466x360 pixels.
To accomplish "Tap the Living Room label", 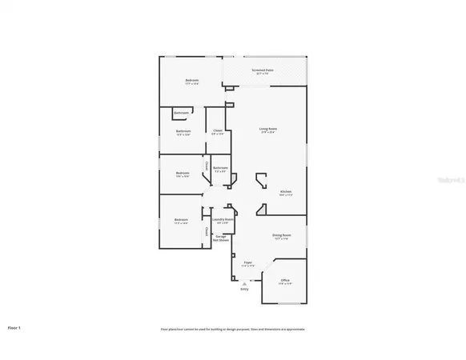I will click(x=267, y=130).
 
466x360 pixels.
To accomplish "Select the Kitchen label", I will click(x=286, y=192).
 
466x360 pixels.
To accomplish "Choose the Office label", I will click(x=285, y=281).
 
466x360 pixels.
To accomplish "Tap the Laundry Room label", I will click(x=223, y=220).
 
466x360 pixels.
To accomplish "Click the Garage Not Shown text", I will click(x=220, y=238).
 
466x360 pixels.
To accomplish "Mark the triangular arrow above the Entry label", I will click(x=245, y=282).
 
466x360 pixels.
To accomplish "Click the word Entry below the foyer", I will click(x=244, y=289).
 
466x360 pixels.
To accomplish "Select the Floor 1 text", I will click(x=14, y=328).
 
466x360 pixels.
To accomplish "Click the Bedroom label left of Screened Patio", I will click(x=192, y=81).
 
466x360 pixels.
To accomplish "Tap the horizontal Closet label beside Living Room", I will click(x=218, y=132).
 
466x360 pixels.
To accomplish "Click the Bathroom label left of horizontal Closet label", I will click(x=183, y=132).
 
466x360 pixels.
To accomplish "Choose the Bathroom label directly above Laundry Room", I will click(x=220, y=169).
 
